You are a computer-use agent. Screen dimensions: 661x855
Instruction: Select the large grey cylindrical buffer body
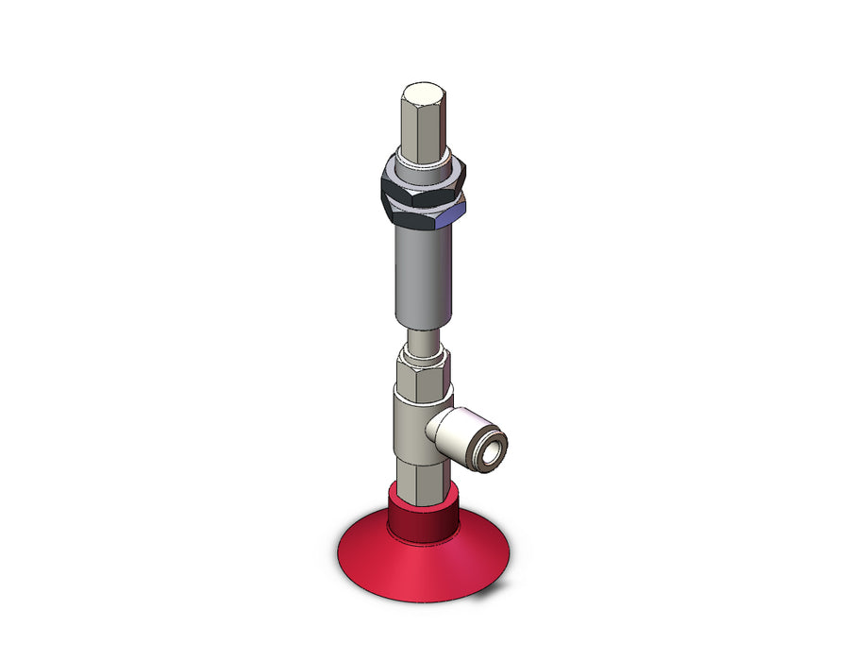(x=421, y=274)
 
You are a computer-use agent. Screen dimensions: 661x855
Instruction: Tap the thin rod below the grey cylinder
(x=422, y=339)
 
